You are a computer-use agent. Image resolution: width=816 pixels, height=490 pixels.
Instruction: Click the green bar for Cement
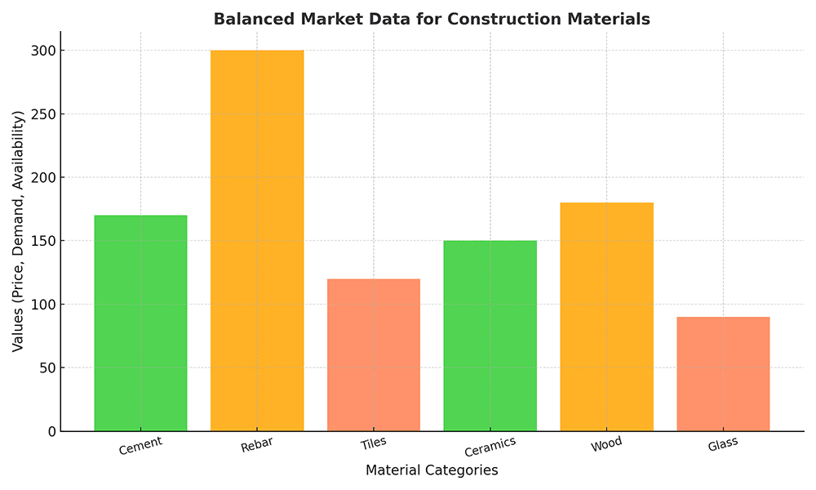[140, 323]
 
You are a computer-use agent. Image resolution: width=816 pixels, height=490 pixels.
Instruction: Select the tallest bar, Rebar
[257, 241]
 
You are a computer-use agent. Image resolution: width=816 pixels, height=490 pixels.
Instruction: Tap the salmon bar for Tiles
[374, 355]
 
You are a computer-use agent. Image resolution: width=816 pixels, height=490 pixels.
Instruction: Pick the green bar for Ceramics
[490, 336]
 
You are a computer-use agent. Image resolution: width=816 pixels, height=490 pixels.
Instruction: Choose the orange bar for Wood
[606, 317]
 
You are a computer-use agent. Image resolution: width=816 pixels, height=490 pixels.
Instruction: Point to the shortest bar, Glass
[723, 374]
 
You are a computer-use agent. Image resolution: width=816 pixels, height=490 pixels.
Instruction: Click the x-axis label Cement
[140, 446]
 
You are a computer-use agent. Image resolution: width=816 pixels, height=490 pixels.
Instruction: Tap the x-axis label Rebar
[257, 445]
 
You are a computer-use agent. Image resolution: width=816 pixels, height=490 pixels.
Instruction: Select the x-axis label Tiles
[374, 443]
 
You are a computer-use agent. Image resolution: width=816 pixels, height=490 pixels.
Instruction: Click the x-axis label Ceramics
[490, 447]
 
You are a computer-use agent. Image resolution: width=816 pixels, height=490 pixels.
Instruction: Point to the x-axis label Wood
[606, 443]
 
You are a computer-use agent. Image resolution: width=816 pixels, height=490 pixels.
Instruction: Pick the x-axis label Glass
[723, 443]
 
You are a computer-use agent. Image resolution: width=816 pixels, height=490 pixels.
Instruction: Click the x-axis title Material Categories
[432, 470]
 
